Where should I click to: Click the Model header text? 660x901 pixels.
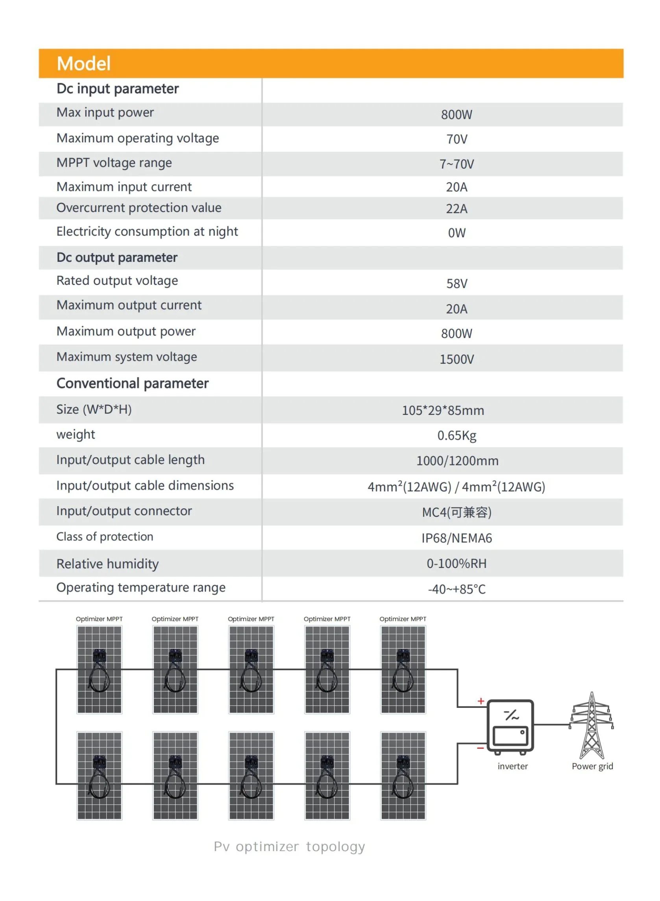pos(83,64)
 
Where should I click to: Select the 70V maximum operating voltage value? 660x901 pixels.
pos(456,139)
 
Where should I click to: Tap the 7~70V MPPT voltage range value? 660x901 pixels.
pos(456,164)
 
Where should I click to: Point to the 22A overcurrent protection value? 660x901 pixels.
pos(456,209)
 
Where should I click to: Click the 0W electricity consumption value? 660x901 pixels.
pos(456,233)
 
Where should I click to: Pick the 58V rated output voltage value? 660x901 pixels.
pos(456,284)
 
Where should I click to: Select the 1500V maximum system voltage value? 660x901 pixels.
pos(456,359)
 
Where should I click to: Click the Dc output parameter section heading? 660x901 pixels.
pos(116,258)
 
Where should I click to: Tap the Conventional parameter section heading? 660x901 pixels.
pos(132,383)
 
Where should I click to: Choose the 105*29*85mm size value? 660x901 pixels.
pos(443,410)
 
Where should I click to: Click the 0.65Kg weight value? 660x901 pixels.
pos(456,435)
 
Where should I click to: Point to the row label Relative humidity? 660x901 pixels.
pos(107,564)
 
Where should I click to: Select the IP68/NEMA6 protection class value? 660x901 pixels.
pos(456,538)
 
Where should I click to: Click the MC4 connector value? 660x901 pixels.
pos(456,512)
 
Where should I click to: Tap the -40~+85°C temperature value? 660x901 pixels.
pos(456,589)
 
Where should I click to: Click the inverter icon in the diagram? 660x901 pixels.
pos(510,726)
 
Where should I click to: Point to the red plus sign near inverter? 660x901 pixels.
pos(481,701)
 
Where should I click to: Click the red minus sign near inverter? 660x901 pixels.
pos(480,748)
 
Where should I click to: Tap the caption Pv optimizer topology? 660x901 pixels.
pos(289,846)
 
